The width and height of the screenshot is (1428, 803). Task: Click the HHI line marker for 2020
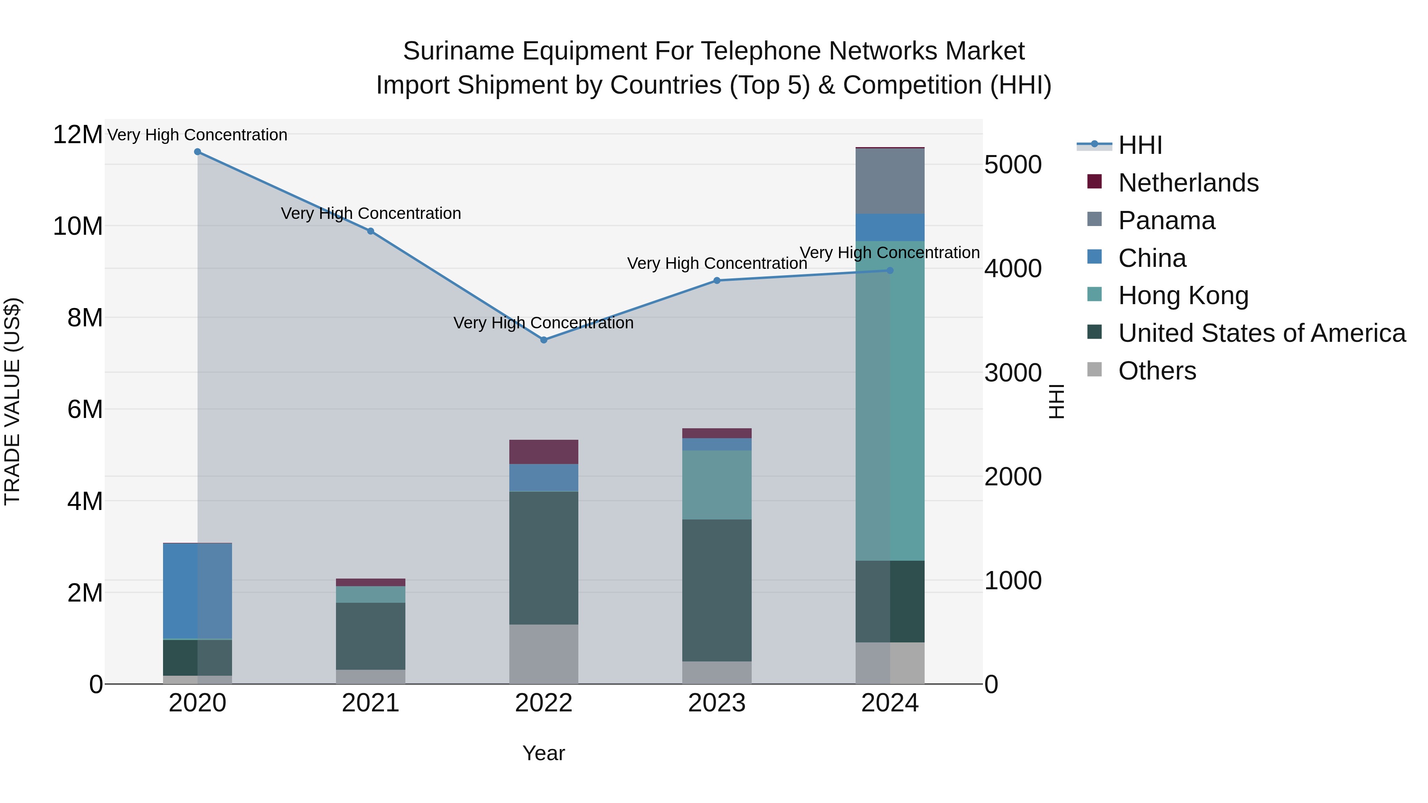coord(198,152)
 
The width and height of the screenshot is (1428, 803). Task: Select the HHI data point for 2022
coord(544,340)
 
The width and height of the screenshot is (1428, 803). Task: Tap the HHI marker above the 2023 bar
coord(717,280)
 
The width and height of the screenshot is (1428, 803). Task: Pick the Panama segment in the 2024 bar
coord(890,181)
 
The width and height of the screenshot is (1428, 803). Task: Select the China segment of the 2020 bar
coord(198,591)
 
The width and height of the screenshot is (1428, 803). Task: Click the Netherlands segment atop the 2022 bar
coord(544,452)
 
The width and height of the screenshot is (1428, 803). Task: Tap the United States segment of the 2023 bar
coord(717,590)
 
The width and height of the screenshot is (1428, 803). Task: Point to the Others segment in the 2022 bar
coord(544,654)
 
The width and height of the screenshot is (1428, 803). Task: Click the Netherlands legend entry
coord(1188,183)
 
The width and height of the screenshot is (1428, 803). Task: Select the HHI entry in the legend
coord(1140,145)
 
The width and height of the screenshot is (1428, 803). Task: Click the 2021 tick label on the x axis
coord(371,703)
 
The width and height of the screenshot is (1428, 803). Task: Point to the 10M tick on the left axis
coord(78,226)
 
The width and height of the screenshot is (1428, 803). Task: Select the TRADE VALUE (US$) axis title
coord(12,401)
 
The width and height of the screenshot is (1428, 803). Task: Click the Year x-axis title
coord(544,753)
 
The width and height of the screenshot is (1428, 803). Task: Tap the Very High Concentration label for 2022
coord(543,322)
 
